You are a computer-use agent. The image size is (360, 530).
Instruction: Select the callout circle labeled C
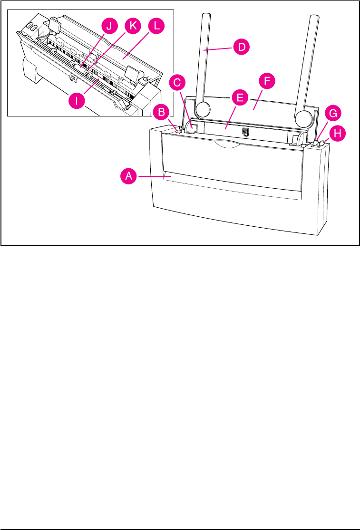point(177,82)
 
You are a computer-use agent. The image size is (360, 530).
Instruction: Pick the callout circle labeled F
point(267,81)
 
